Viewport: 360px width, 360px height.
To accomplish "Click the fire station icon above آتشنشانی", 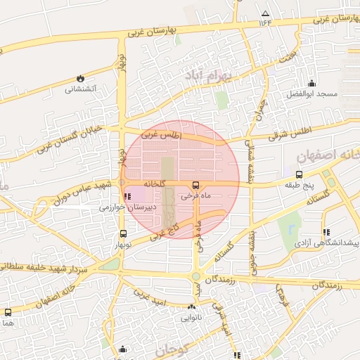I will pyautogui.click(x=80, y=78).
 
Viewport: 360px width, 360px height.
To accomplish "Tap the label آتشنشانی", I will pyautogui.click(x=81, y=89).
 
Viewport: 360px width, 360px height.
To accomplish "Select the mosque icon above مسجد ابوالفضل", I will pyautogui.click(x=312, y=83).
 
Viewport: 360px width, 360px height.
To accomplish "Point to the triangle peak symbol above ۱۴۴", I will pyautogui.click(x=265, y=13).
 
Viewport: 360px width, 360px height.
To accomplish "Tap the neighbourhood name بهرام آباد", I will pyautogui.click(x=209, y=74).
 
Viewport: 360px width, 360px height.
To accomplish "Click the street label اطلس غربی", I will pyautogui.click(x=161, y=134).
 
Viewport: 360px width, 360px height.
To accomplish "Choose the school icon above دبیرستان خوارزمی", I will pyautogui.click(x=127, y=196).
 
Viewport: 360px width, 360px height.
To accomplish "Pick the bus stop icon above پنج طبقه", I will pyautogui.click(x=299, y=174).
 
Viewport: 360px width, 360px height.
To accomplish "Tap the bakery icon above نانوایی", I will pyautogui.click(x=192, y=307).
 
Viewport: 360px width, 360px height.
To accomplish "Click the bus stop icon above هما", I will pyautogui.click(x=8, y=311).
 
